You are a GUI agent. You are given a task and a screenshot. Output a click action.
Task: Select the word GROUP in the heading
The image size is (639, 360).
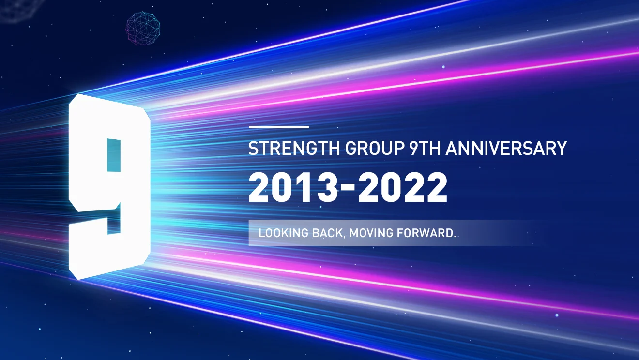click(x=375, y=148)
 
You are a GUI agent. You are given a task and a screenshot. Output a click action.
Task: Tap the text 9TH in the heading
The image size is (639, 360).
click(x=425, y=148)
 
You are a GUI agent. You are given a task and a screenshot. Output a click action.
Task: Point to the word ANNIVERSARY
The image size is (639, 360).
click(x=506, y=148)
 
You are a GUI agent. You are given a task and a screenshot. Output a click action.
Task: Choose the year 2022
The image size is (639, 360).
click(x=403, y=187)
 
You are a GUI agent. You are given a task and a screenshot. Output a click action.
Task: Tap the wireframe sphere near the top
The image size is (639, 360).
click(x=143, y=29)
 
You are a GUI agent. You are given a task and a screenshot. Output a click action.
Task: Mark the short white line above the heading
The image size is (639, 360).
click(x=279, y=127)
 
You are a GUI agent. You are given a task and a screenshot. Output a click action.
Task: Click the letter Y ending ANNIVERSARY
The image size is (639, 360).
click(x=561, y=148)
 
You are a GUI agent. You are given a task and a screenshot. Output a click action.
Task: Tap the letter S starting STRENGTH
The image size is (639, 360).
click(x=253, y=148)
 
